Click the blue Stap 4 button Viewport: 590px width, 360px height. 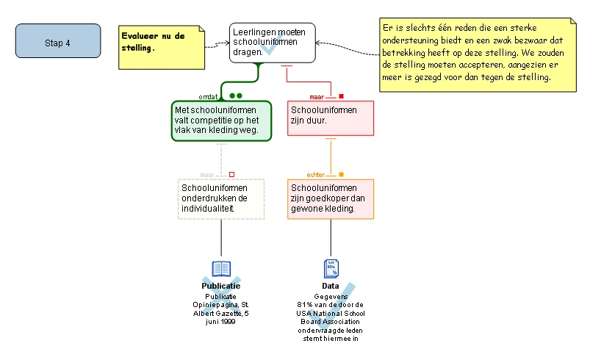point(58,41)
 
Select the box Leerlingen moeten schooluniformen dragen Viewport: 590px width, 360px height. point(272,43)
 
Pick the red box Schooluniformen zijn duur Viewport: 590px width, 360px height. point(331,118)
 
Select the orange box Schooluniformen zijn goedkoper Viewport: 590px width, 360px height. point(331,198)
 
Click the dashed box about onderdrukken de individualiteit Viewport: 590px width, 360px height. point(221,198)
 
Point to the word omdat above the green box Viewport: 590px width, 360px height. point(208,96)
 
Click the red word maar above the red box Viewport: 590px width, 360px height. point(317,96)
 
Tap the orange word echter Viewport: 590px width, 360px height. point(316,175)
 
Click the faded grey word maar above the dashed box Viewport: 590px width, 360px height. point(207,175)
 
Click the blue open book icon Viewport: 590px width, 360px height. point(221,269)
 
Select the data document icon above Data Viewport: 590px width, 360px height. point(331,268)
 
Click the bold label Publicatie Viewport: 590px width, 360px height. point(221,286)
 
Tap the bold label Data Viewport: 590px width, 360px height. point(331,286)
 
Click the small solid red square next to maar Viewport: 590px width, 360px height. point(341,96)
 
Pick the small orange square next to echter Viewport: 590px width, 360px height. point(341,174)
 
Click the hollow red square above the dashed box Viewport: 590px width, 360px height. point(231,174)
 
